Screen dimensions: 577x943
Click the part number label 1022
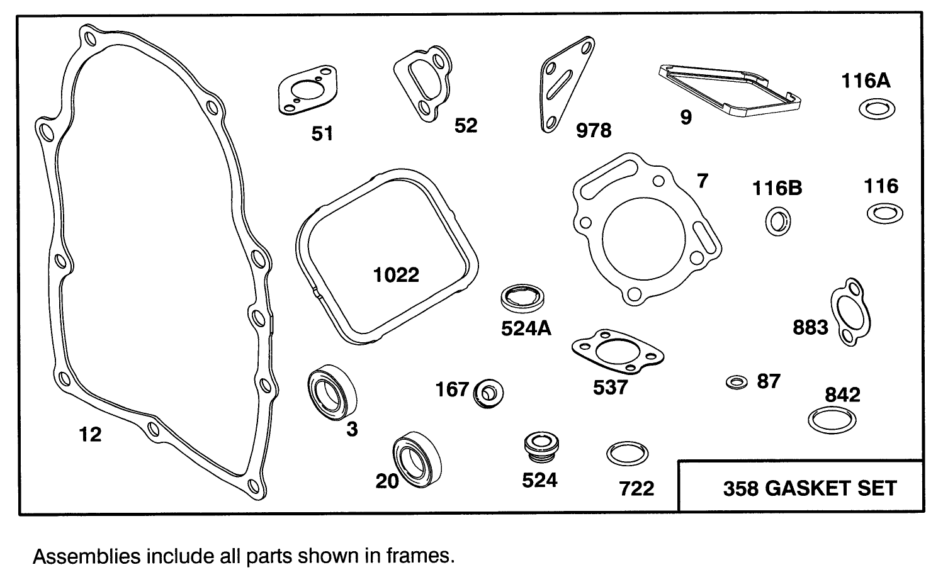(396, 275)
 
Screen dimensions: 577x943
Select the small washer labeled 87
(736, 382)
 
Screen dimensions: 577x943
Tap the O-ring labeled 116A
(877, 109)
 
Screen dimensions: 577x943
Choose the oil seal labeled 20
(417, 460)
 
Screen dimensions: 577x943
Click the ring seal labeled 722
(627, 454)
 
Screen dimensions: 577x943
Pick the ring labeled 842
(832, 419)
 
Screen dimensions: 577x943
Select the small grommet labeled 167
(488, 393)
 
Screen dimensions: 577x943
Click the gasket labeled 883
(850, 312)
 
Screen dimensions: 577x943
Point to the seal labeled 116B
(778, 222)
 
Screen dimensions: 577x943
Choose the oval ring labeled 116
(884, 213)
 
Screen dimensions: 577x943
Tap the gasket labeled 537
(617, 351)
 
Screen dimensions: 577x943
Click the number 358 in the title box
(741, 488)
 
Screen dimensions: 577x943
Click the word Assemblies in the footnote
(86, 556)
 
